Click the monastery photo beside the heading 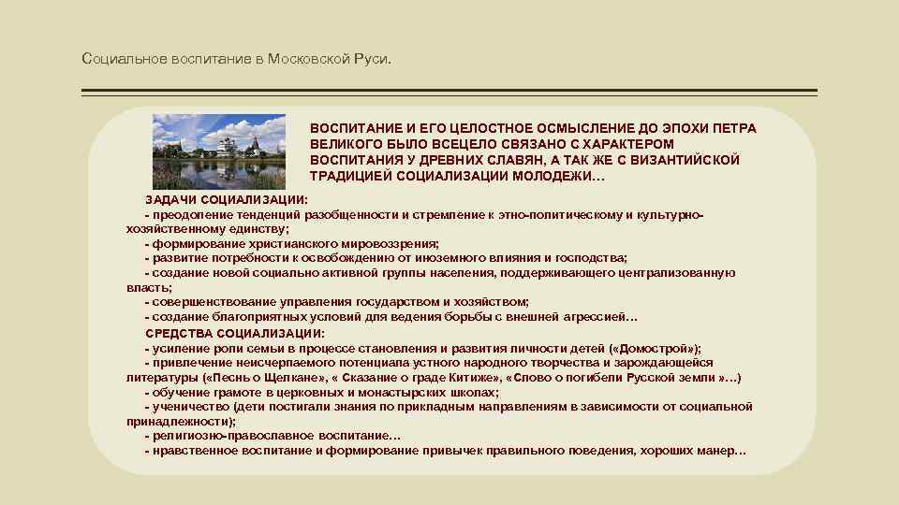point(220,151)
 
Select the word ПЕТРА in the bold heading point(731,127)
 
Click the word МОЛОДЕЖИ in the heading point(555,176)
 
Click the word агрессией point(598,317)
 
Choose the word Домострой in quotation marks point(657,348)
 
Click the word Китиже point(474,377)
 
